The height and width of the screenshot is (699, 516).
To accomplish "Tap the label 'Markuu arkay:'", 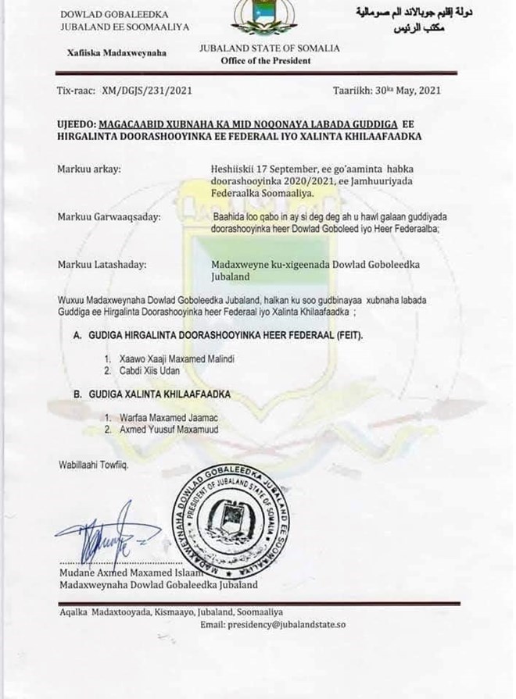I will (x=87, y=168).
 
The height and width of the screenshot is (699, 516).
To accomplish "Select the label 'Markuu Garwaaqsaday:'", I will (x=107, y=216).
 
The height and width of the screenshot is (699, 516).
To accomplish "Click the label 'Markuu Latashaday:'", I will (x=99, y=264).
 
